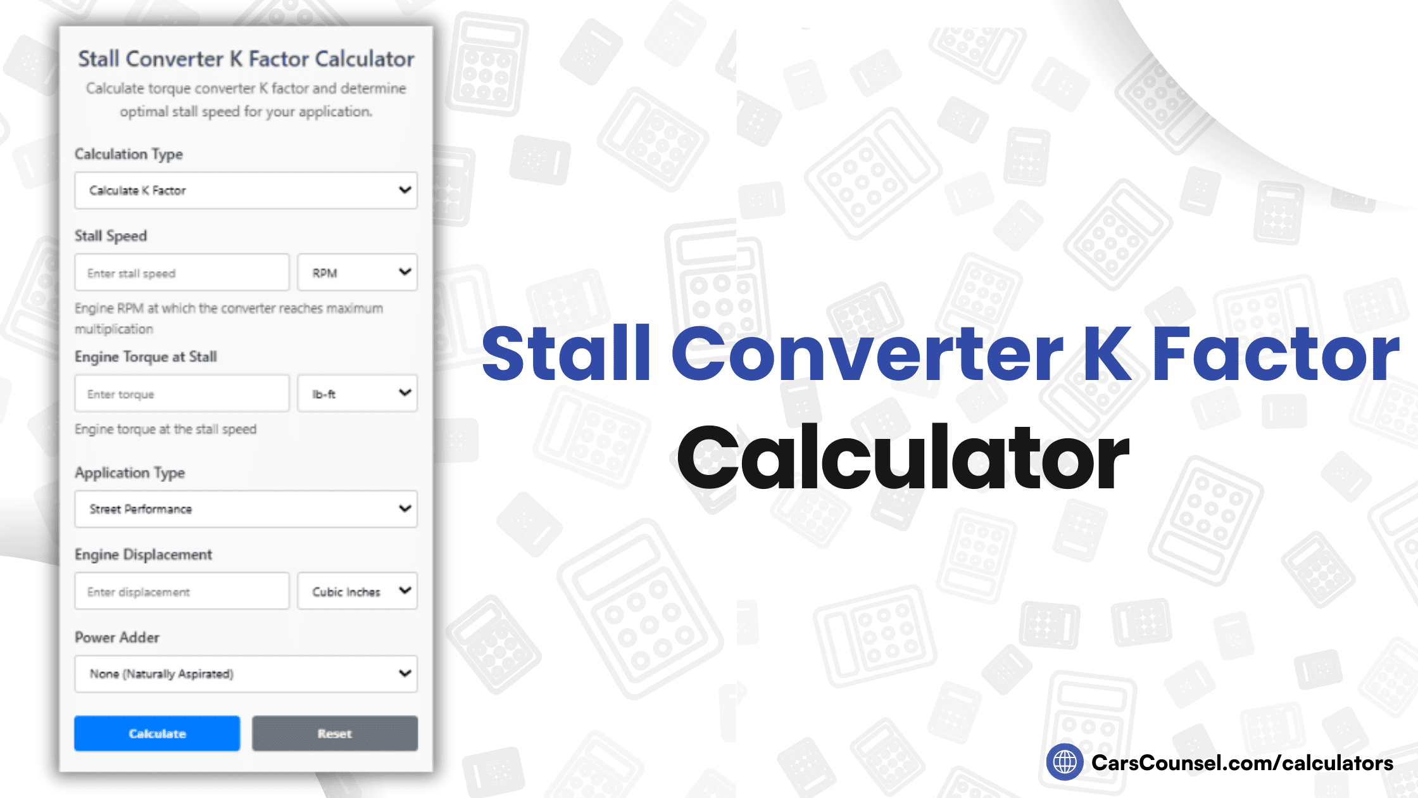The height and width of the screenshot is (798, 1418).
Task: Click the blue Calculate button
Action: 157,733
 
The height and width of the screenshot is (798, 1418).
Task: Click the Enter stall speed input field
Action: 182,273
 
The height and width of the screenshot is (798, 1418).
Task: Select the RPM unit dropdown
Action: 357,273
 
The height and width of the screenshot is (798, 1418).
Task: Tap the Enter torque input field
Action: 182,394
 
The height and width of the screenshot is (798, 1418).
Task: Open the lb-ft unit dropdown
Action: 357,394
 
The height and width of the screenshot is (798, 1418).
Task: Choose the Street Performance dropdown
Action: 246,509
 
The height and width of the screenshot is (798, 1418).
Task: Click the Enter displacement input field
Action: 182,592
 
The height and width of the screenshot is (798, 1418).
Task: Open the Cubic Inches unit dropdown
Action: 357,592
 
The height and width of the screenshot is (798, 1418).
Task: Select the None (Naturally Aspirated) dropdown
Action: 246,674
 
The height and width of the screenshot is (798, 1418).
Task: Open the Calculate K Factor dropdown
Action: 246,190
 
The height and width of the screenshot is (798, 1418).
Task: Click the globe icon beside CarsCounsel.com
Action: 1064,762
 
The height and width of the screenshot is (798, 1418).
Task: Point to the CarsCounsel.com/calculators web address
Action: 1242,763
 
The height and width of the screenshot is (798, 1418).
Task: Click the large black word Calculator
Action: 903,457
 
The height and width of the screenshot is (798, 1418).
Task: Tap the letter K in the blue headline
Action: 1107,353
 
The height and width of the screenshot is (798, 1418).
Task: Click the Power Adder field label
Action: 117,637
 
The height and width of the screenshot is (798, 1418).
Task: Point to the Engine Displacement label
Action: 143,555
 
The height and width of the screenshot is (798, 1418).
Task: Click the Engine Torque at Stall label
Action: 146,357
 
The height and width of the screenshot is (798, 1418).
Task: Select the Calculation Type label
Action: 129,154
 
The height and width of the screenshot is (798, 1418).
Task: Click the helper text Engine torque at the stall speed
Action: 165,429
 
